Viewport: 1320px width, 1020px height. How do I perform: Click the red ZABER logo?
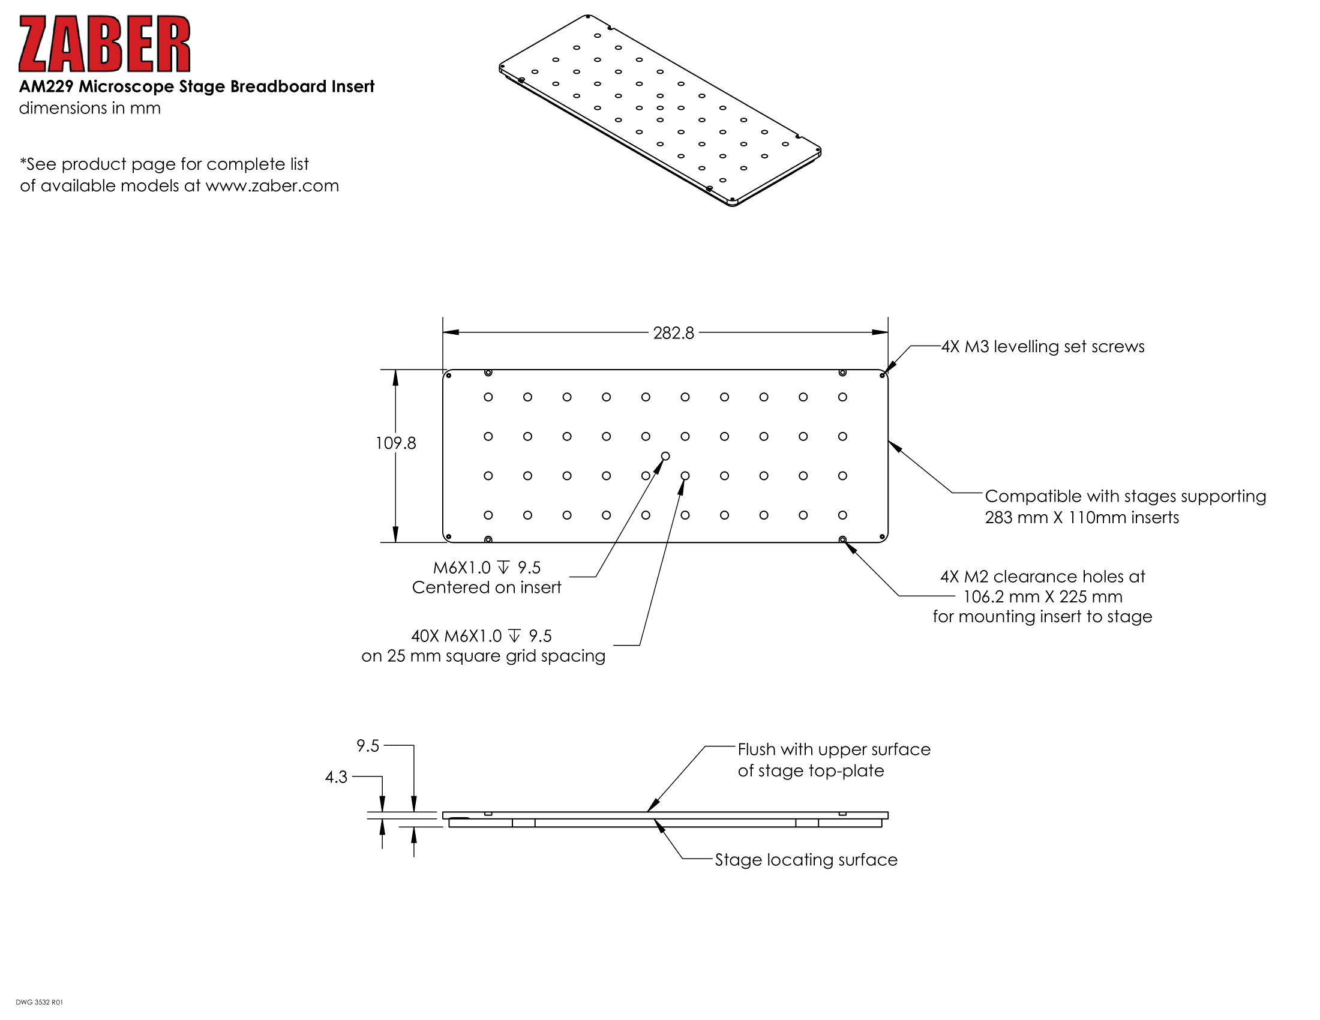pyautogui.click(x=104, y=44)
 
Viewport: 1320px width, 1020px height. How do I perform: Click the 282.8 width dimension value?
pyautogui.click(x=673, y=333)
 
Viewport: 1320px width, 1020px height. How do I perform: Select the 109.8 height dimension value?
pyautogui.click(x=396, y=443)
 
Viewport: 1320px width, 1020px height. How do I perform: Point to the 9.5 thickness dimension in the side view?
pyautogui.click(x=368, y=746)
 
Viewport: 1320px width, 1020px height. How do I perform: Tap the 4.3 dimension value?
pyautogui.click(x=336, y=776)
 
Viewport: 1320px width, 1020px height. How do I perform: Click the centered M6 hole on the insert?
pyautogui.click(x=665, y=455)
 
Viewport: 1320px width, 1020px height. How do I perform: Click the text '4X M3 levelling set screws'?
pyautogui.click(x=1043, y=346)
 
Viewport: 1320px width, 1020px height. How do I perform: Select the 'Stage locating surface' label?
pyautogui.click(x=806, y=860)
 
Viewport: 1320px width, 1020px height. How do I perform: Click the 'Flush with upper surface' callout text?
pyautogui.click(x=834, y=749)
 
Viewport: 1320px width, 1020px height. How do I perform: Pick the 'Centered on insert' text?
pyautogui.click(x=487, y=587)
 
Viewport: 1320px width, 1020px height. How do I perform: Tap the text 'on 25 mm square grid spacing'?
pyautogui.click(x=484, y=656)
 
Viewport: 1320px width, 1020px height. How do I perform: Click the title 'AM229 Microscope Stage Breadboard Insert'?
pyautogui.click(x=196, y=86)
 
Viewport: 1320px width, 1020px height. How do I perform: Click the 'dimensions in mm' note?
pyautogui.click(x=90, y=108)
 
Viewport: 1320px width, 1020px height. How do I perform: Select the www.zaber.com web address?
pyautogui.click(x=272, y=185)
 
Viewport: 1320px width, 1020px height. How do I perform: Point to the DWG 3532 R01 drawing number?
pyautogui.click(x=39, y=1002)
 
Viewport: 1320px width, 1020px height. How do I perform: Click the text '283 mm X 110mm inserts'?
pyautogui.click(x=1082, y=517)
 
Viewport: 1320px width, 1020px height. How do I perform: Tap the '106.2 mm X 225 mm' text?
pyautogui.click(x=1043, y=596)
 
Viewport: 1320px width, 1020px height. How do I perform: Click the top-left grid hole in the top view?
pyautogui.click(x=488, y=397)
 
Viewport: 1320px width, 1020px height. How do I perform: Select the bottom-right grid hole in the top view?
pyautogui.click(x=842, y=515)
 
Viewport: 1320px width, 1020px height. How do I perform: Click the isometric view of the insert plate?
pyautogui.click(x=660, y=110)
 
